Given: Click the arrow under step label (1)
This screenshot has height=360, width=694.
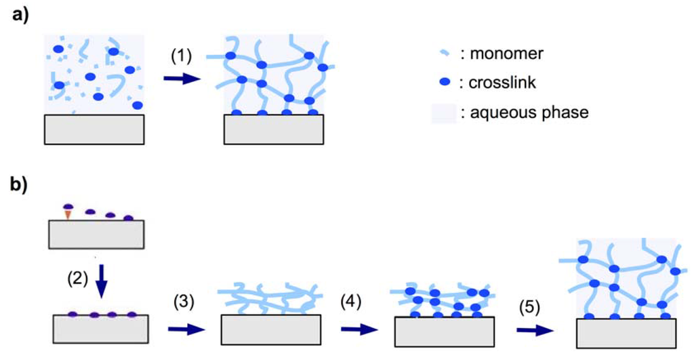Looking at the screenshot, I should [x=182, y=79].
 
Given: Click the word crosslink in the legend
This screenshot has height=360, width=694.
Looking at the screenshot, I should [x=495, y=83].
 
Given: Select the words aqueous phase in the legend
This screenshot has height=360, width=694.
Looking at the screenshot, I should [x=524, y=113].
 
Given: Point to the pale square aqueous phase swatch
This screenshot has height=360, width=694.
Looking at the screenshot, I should [x=441, y=113].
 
